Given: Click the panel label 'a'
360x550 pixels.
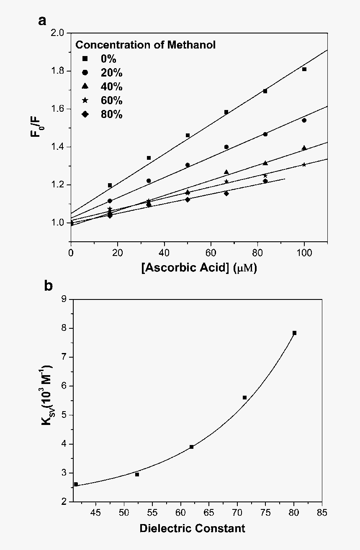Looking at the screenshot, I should [42, 20].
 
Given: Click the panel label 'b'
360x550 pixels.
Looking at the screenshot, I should [49, 286].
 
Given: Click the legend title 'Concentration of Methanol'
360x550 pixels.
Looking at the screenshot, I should [145, 45].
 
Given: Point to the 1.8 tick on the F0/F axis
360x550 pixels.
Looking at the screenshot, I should [59, 71].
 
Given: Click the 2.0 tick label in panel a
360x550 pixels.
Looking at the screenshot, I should [59, 33].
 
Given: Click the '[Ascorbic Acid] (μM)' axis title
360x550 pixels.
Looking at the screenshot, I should [199, 268].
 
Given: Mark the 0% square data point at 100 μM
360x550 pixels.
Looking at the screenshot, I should [304, 69].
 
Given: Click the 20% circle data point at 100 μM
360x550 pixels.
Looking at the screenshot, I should [304, 120].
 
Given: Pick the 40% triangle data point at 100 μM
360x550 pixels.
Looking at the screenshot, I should [304, 148].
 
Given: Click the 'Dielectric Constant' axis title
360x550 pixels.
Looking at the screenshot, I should [193, 528].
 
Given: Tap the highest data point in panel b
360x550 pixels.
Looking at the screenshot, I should [295, 333].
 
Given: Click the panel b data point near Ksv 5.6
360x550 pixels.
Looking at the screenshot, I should [245, 397].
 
